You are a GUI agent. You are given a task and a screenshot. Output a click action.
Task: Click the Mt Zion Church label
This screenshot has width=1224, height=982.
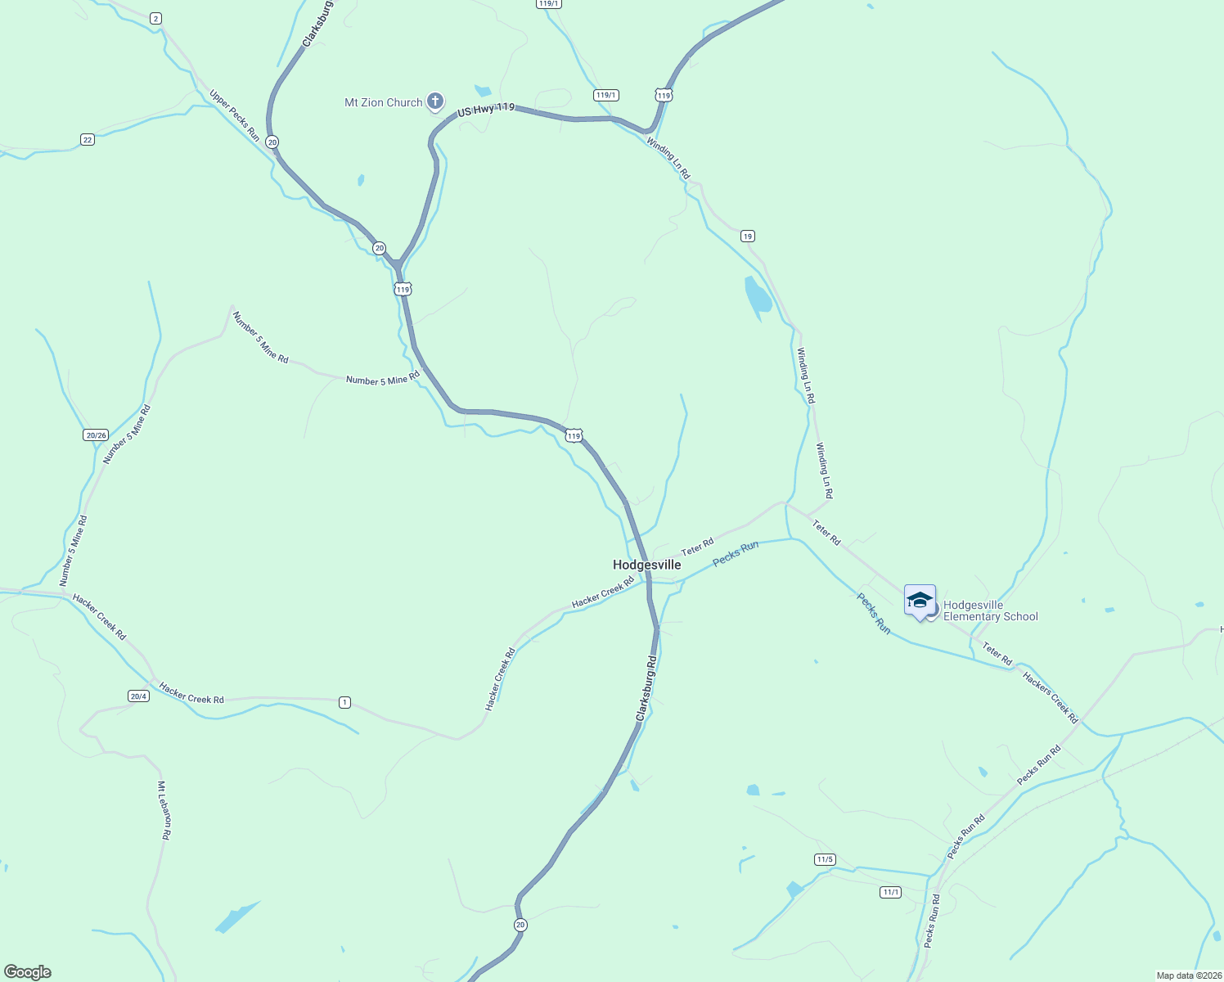click(x=383, y=102)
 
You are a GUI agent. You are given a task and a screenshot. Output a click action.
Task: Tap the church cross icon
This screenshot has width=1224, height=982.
click(x=435, y=101)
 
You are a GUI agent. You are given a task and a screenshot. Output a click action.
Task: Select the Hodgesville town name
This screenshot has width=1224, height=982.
click(x=646, y=565)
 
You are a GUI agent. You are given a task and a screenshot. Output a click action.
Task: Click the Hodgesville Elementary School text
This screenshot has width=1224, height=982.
click(x=990, y=611)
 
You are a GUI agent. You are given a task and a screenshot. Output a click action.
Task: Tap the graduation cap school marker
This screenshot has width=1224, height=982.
click(x=920, y=601)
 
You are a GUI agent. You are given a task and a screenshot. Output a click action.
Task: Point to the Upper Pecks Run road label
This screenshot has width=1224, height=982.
click(x=235, y=115)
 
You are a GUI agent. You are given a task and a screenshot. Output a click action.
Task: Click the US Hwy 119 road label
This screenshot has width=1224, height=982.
click(x=486, y=109)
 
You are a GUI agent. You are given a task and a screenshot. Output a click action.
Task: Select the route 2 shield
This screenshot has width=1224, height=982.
click(x=155, y=18)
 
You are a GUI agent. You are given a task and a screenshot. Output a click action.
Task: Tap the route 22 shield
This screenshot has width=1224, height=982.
click(x=88, y=140)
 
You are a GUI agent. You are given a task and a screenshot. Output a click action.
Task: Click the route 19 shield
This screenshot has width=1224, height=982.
click(x=747, y=236)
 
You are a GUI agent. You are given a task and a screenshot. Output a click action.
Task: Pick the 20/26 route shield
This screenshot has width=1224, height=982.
click(x=96, y=435)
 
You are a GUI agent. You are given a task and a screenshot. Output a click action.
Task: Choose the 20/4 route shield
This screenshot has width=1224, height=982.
click(x=138, y=696)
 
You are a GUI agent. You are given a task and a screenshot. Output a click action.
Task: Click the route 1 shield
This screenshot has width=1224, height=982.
click(x=345, y=702)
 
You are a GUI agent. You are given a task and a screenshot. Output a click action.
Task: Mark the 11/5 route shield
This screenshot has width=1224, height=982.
click(x=825, y=859)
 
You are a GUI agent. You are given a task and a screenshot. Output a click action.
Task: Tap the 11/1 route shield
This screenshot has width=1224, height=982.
click(x=891, y=892)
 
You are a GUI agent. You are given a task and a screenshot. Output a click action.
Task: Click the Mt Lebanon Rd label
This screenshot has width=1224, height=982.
click(x=164, y=810)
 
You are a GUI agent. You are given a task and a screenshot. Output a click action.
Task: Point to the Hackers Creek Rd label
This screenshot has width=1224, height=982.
click(x=1051, y=697)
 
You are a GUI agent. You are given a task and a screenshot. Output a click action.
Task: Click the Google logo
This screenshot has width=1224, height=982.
click(x=28, y=972)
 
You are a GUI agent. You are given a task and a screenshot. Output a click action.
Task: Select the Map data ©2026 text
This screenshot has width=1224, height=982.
click(x=1188, y=975)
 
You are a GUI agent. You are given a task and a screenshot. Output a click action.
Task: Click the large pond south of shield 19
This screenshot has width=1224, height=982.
click(x=758, y=298)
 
